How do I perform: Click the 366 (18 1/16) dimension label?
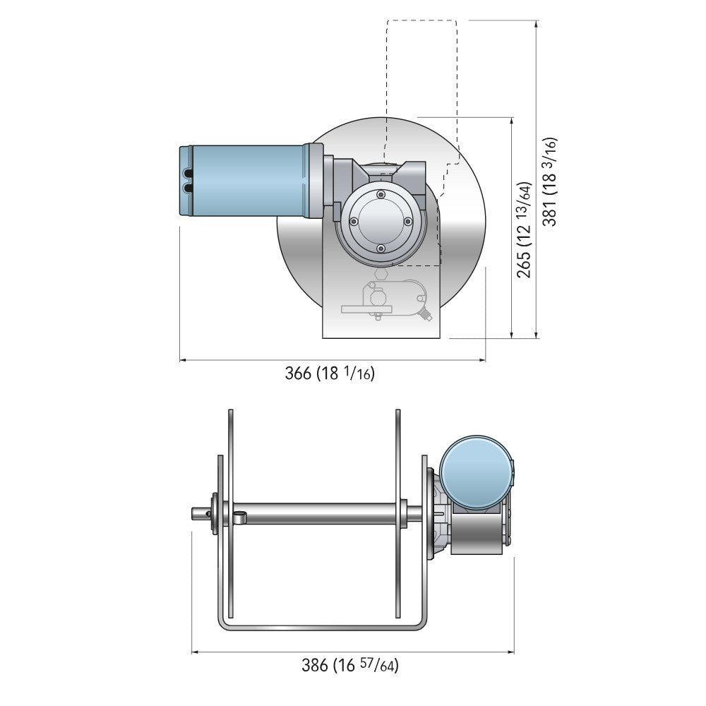pos(330,373)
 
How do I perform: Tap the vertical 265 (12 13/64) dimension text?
pos(525,229)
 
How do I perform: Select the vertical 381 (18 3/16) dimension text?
pos(550,181)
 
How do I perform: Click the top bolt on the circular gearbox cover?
pos(381,194)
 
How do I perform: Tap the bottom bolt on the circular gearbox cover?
pos(381,248)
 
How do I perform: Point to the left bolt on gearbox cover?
pos(354,221)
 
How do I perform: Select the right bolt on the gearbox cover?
pos(408,221)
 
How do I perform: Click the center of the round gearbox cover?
pos(381,221)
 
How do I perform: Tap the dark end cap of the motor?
pos(186,180)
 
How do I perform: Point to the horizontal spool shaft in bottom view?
pos(318,513)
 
